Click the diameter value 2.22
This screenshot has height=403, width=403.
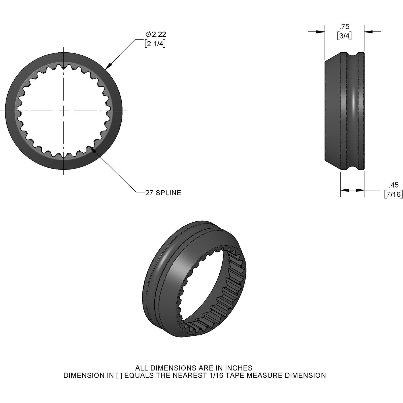click(159, 34)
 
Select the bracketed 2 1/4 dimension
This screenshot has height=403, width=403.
click(155, 44)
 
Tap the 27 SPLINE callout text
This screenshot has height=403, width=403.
click(163, 193)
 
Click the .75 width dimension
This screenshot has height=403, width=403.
click(344, 27)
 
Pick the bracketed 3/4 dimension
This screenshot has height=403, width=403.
click(344, 36)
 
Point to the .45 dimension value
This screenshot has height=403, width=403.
click(393, 185)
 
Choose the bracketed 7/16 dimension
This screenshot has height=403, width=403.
click(393, 194)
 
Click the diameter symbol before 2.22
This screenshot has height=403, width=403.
click(148, 34)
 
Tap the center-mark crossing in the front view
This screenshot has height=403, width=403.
click(63, 111)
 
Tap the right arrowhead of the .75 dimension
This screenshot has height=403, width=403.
click(368, 32)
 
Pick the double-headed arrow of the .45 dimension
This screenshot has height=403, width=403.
click(352, 190)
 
